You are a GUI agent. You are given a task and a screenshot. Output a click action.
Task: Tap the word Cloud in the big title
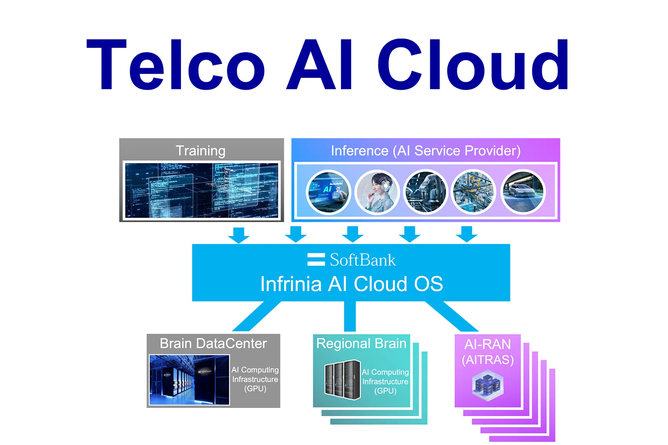pos(473,65)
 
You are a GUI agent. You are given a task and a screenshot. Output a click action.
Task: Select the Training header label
pos(200,151)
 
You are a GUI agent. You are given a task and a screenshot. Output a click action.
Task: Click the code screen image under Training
pos(202,191)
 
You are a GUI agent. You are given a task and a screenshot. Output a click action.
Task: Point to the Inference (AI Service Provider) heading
pos(425,151)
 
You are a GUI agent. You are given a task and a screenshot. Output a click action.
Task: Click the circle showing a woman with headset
pos(377,192)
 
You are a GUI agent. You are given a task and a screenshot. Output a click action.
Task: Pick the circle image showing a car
pos(523,192)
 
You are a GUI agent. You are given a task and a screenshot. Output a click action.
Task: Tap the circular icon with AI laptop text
pos(328,192)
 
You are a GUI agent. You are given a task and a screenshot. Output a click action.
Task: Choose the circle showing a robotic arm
pos(426,192)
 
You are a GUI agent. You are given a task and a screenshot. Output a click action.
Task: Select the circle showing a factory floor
pos(474,192)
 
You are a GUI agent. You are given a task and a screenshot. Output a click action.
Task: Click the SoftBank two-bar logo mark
pos(316,260)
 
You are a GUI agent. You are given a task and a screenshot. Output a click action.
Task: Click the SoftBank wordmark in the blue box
pos(363,260)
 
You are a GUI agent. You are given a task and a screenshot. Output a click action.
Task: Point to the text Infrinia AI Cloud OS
pos(351,284)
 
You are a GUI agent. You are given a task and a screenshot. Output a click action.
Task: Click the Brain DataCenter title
pos(213,343)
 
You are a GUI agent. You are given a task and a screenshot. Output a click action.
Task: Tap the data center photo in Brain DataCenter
pos(189,380)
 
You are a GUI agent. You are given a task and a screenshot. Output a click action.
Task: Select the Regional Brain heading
pos(361,343)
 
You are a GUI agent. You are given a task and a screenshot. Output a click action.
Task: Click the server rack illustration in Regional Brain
pos(342,380)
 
